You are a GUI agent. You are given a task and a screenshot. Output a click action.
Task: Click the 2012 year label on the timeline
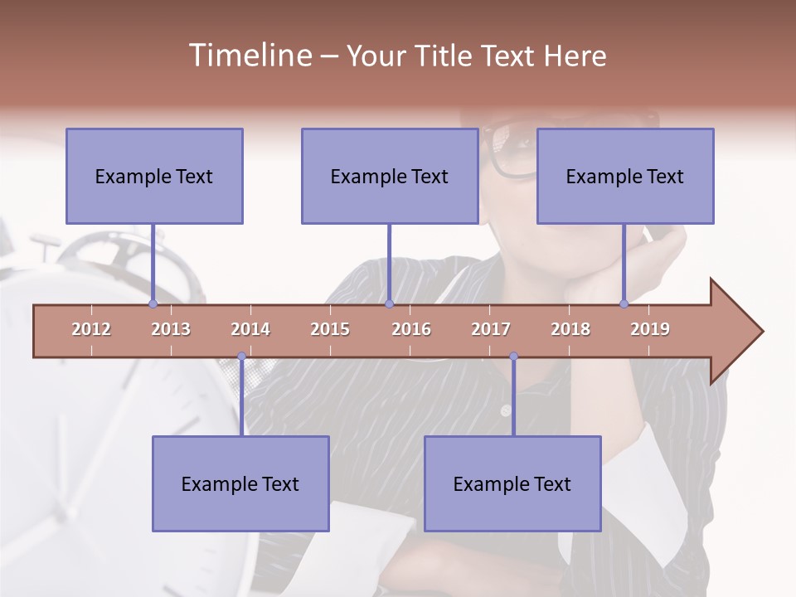click(91, 329)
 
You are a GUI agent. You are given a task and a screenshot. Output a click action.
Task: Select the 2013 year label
click(171, 329)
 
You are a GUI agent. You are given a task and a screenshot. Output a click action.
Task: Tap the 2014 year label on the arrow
click(250, 329)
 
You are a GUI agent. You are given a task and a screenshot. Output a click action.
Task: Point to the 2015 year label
click(330, 329)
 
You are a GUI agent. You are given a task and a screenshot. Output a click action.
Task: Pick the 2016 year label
click(411, 329)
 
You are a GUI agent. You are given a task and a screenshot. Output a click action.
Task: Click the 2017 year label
click(491, 329)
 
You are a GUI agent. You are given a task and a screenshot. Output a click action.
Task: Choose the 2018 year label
click(570, 329)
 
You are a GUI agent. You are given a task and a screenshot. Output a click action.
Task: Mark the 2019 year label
click(650, 329)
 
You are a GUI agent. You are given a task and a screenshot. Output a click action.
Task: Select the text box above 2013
click(154, 176)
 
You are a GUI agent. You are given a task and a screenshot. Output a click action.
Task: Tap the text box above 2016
click(390, 176)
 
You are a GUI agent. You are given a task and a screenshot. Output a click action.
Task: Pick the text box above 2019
click(625, 176)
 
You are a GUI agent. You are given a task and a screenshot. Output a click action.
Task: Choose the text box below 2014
click(240, 483)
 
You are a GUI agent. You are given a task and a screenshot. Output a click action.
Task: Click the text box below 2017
click(512, 483)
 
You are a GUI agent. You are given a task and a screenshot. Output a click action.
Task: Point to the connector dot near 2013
click(153, 303)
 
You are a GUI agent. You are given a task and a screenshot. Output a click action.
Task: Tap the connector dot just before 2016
click(389, 303)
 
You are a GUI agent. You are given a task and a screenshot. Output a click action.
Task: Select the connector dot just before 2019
click(624, 303)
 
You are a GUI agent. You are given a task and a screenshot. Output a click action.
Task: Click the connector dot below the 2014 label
click(241, 357)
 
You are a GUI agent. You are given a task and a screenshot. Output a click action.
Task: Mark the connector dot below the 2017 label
click(513, 357)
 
